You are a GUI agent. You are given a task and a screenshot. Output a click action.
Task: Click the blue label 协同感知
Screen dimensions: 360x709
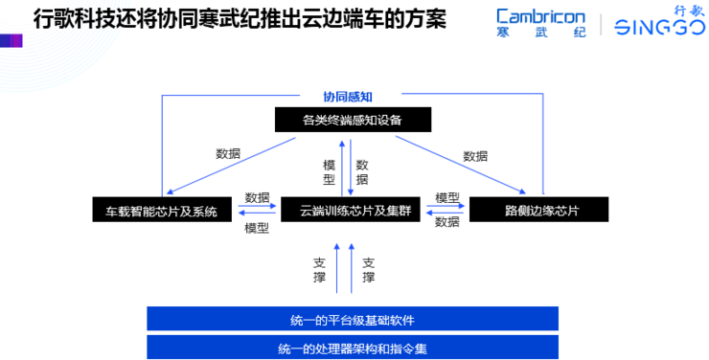click(x=347, y=97)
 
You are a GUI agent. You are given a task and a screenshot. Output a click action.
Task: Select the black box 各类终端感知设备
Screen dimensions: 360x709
click(x=352, y=120)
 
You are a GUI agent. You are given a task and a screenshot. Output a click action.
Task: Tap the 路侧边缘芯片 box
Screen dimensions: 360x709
click(x=537, y=210)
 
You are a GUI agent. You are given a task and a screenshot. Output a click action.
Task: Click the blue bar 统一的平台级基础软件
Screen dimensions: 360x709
click(x=352, y=318)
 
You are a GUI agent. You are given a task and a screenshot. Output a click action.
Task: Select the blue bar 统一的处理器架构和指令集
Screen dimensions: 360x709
click(x=352, y=347)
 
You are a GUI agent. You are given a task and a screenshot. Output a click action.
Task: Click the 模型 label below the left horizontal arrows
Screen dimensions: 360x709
click(x=257, y=228)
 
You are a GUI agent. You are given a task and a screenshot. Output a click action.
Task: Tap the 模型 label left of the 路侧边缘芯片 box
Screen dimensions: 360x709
click(x=447, y=197)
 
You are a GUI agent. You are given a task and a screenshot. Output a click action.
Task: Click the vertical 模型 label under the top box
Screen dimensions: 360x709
click(x=330, y=171)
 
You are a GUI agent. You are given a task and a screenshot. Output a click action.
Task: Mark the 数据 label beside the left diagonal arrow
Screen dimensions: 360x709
click(x=228, y=153)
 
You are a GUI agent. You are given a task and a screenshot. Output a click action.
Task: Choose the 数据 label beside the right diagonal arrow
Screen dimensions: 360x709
click(x=475, y=155)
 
